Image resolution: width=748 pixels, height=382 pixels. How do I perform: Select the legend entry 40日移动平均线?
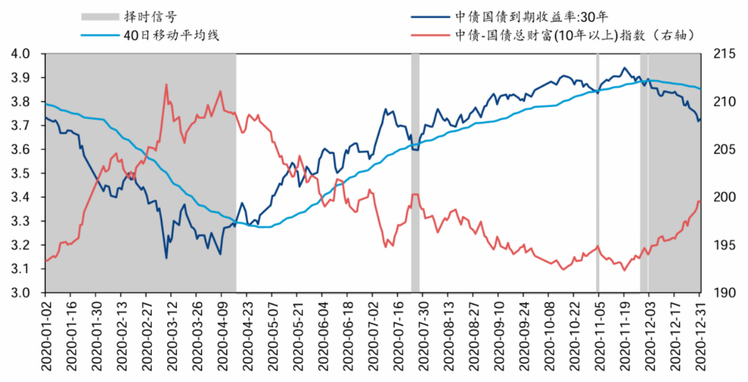[172, 35]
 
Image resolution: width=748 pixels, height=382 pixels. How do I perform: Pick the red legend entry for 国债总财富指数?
[575, 35]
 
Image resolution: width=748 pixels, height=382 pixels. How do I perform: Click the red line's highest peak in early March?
[166, 84]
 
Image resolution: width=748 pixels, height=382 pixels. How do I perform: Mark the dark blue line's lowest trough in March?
[166, 258]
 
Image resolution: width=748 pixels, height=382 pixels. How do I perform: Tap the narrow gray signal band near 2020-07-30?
[415, 173]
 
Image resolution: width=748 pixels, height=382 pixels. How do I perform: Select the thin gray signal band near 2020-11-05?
[597, 173]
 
